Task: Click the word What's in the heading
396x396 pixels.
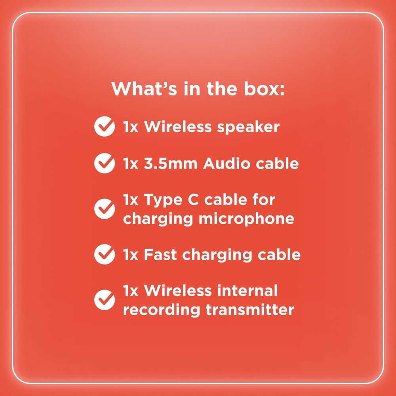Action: (x=144, y=89)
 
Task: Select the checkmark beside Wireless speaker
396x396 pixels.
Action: (x=105, y=127)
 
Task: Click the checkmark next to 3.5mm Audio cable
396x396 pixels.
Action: (x=105, y=163)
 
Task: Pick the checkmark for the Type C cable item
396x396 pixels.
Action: (x=105, y=209)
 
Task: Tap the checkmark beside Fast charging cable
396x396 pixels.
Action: (x=105, y=254)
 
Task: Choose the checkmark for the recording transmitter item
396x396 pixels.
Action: (x=105, y=300)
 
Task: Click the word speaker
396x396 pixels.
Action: (x=248, y=127)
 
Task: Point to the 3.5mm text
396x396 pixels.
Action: (x=170, y=164)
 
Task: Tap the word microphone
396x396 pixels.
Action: (x=246, y=219)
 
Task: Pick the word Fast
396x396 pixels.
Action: (x=160, y=255)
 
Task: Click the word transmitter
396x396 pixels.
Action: (x=250, y=310)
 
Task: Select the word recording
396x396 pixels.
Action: (x=162, y=310)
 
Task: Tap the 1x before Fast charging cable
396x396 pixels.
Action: (x=131, y=255)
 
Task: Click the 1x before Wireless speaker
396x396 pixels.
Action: (x=131, y=127)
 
